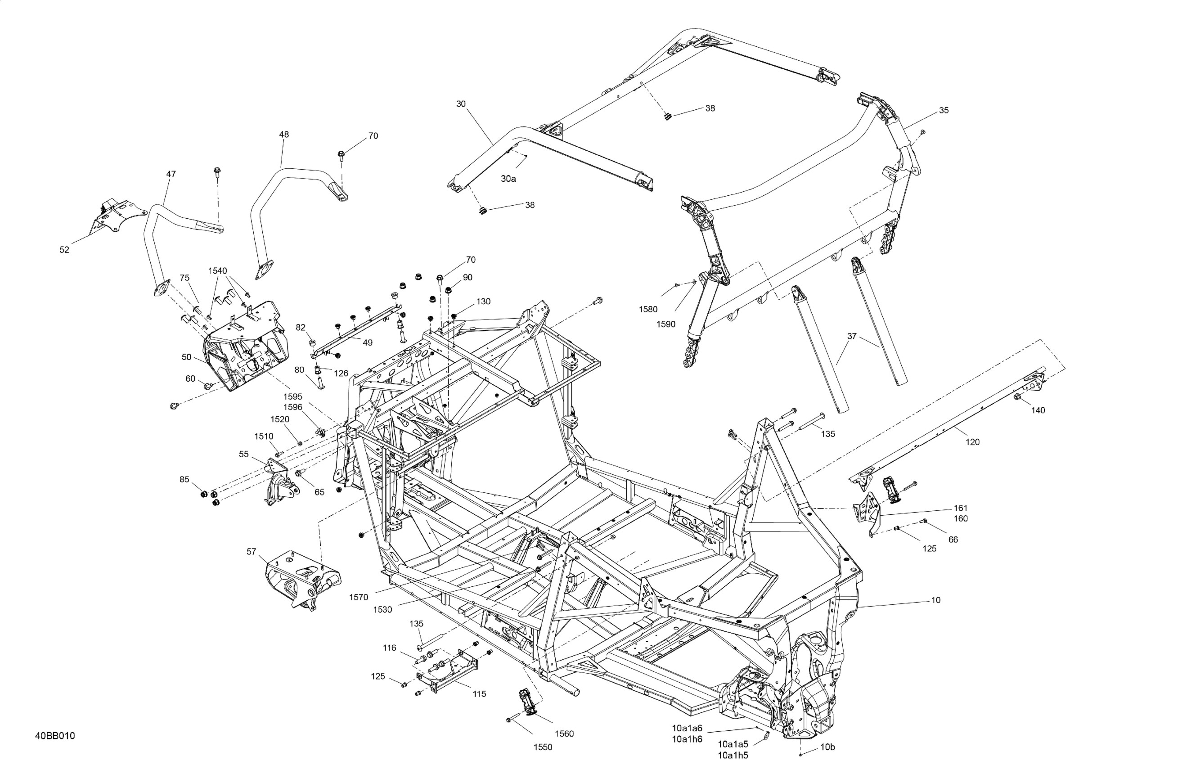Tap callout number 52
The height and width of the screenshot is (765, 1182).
pos(64,250)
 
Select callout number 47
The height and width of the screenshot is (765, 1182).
pos(171,174)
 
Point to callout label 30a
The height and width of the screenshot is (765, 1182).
pos(508,179)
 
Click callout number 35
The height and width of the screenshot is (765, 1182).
pos(944,110)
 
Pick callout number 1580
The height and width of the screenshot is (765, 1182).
pos(648,310)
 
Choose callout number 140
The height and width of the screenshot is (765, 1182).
pos(1038,410)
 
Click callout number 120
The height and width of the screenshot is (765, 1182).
pos(972,442)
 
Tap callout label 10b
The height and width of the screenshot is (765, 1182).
pos(827,760)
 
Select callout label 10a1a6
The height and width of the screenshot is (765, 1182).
pos(688,728)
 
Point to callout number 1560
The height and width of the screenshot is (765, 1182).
pos(564,733)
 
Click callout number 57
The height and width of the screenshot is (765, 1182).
pos(252,551)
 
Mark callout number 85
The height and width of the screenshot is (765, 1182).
pos(184,479)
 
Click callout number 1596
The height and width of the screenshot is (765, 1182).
pos(293,407)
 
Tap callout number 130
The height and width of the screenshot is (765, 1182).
pos(483,301)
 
